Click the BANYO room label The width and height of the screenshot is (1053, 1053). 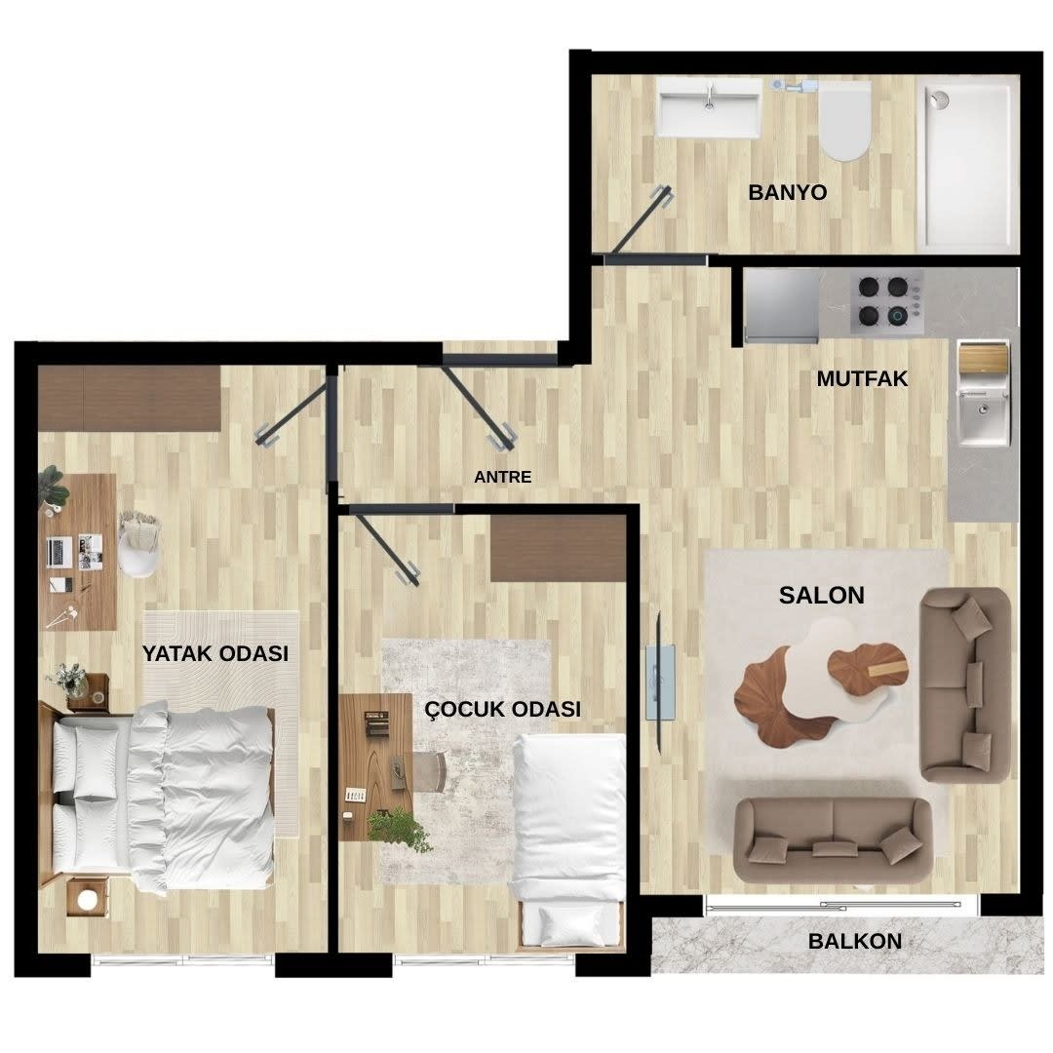787,192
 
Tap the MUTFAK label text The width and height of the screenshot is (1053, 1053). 862,378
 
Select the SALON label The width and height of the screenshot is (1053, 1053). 821,595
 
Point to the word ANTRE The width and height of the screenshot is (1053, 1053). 502,477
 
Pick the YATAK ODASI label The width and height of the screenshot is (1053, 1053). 214,652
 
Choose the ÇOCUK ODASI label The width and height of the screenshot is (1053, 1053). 502,709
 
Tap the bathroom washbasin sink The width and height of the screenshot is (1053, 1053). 709,107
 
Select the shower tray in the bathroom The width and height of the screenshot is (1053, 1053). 968,165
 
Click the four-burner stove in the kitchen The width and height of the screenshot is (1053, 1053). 885,302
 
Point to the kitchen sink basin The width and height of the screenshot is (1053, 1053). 983,417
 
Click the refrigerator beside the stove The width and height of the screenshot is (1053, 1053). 782,305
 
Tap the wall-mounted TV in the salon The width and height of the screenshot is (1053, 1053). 660,682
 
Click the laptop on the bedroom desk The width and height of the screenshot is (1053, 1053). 60,551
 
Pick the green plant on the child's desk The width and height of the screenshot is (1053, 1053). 399,829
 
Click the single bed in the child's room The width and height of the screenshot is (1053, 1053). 569,840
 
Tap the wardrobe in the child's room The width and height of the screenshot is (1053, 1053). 558,548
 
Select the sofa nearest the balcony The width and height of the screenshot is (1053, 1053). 833,839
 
